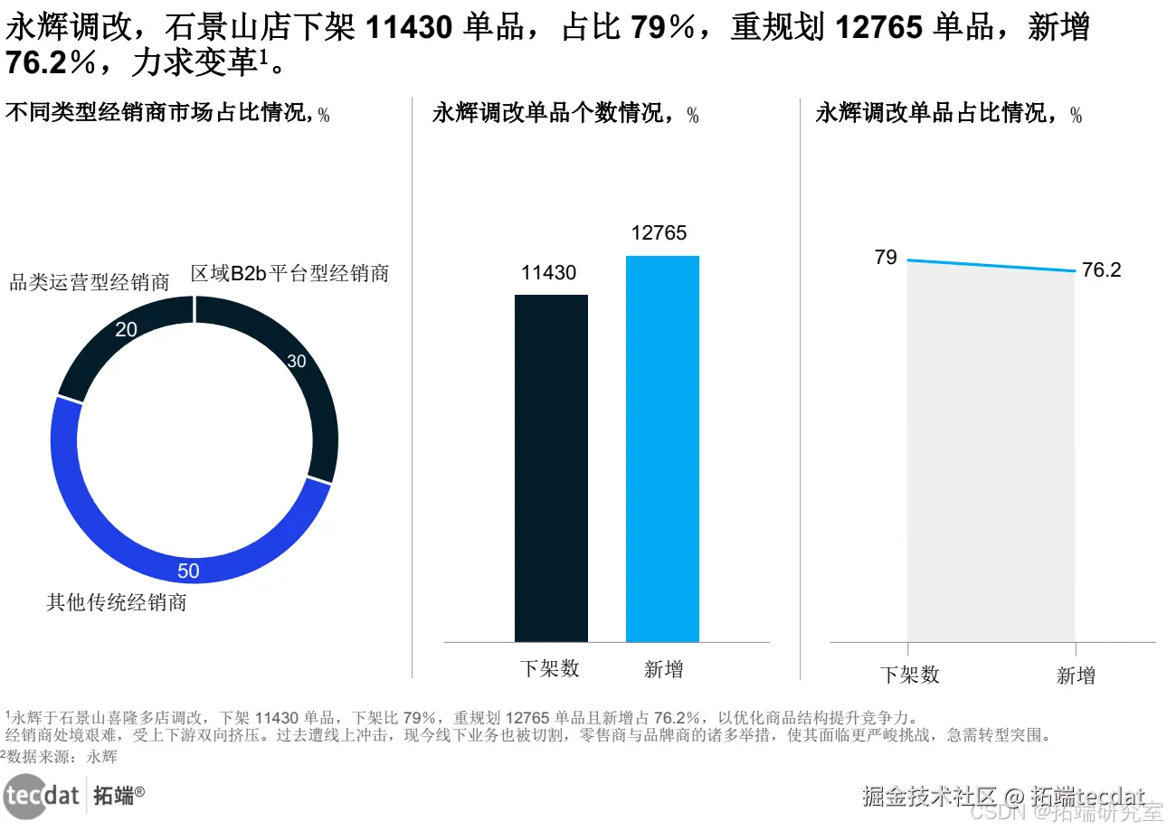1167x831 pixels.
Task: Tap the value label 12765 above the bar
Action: pyautogui.click(x=659, y=233)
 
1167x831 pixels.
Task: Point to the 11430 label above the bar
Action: pyautogui.click(x=548, y=272)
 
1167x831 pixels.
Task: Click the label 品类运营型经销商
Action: pyautogui.click(x=90, y=282)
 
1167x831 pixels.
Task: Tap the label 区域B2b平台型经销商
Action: pyautogui.click(x=289, y=274)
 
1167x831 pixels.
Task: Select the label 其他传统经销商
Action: pyautogui.click(x=117, y=602)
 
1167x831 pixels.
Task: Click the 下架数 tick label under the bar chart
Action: pyautogui.click(x=550, y=669)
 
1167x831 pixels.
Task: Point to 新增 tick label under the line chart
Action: pyautogui.click(x=1076, y=675)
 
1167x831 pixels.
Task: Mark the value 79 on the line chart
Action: pyautogui.click(x=886, y=258)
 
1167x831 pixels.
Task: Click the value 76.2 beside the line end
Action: pyautogui.click(x=1101, y=270)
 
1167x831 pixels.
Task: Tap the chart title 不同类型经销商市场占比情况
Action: pyautogui.click(x=160, y=114)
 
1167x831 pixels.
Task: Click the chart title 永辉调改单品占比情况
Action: pyautogui.click(x=940, y=114)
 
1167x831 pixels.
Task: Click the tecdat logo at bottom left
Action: pyautogui.click(x=42, y=795)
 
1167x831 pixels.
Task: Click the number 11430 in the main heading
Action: pyautogui.click(x=409, y=29)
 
